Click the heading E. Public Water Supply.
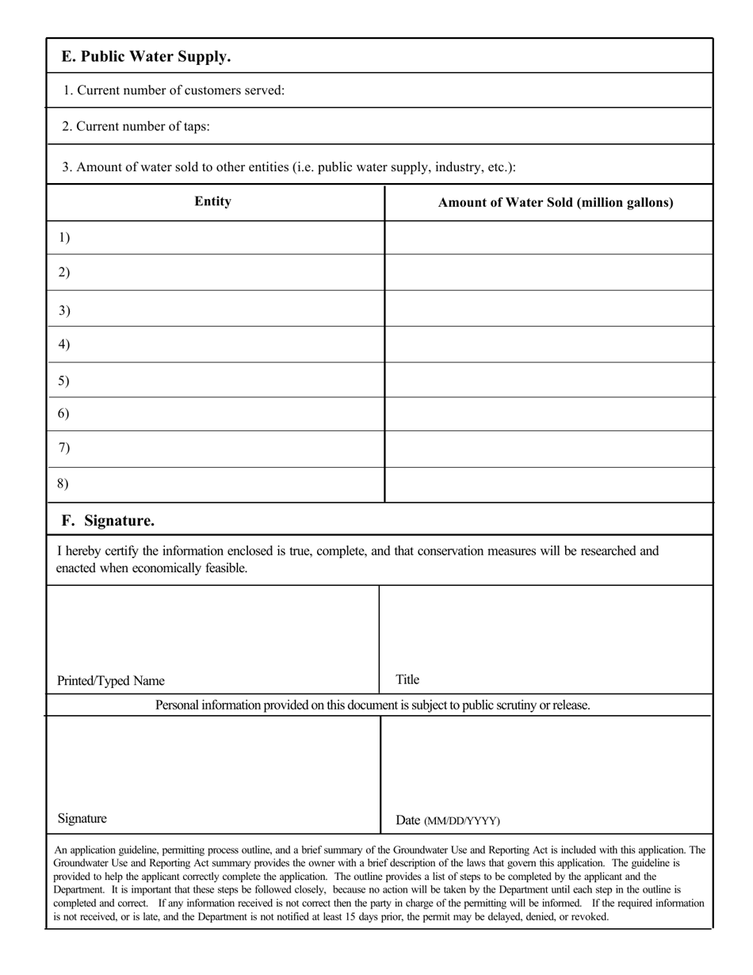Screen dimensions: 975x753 [147, 57]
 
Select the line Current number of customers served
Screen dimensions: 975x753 [174, 90]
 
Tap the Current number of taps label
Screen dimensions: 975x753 [136, 126]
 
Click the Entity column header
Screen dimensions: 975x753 [213, 201]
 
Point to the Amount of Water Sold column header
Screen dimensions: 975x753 [556, 202]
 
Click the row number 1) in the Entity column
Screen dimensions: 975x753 [64, 237]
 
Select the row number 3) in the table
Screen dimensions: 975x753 [64, 310]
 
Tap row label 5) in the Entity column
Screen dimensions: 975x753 [64, 380]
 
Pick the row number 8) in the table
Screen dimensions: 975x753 [64, 484]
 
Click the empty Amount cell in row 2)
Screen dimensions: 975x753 [549, 273]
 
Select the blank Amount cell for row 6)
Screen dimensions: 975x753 [549, 414]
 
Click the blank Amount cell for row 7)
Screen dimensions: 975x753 [549, 449]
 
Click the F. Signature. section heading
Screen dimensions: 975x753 [109, 521]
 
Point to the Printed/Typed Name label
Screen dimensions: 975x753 [111, 681]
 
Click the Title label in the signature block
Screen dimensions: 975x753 [407, 679]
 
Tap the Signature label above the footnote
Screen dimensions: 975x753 [82, 819]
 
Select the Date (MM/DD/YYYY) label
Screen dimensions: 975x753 [448, 820]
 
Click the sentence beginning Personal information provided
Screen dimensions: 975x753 [373, 705]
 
